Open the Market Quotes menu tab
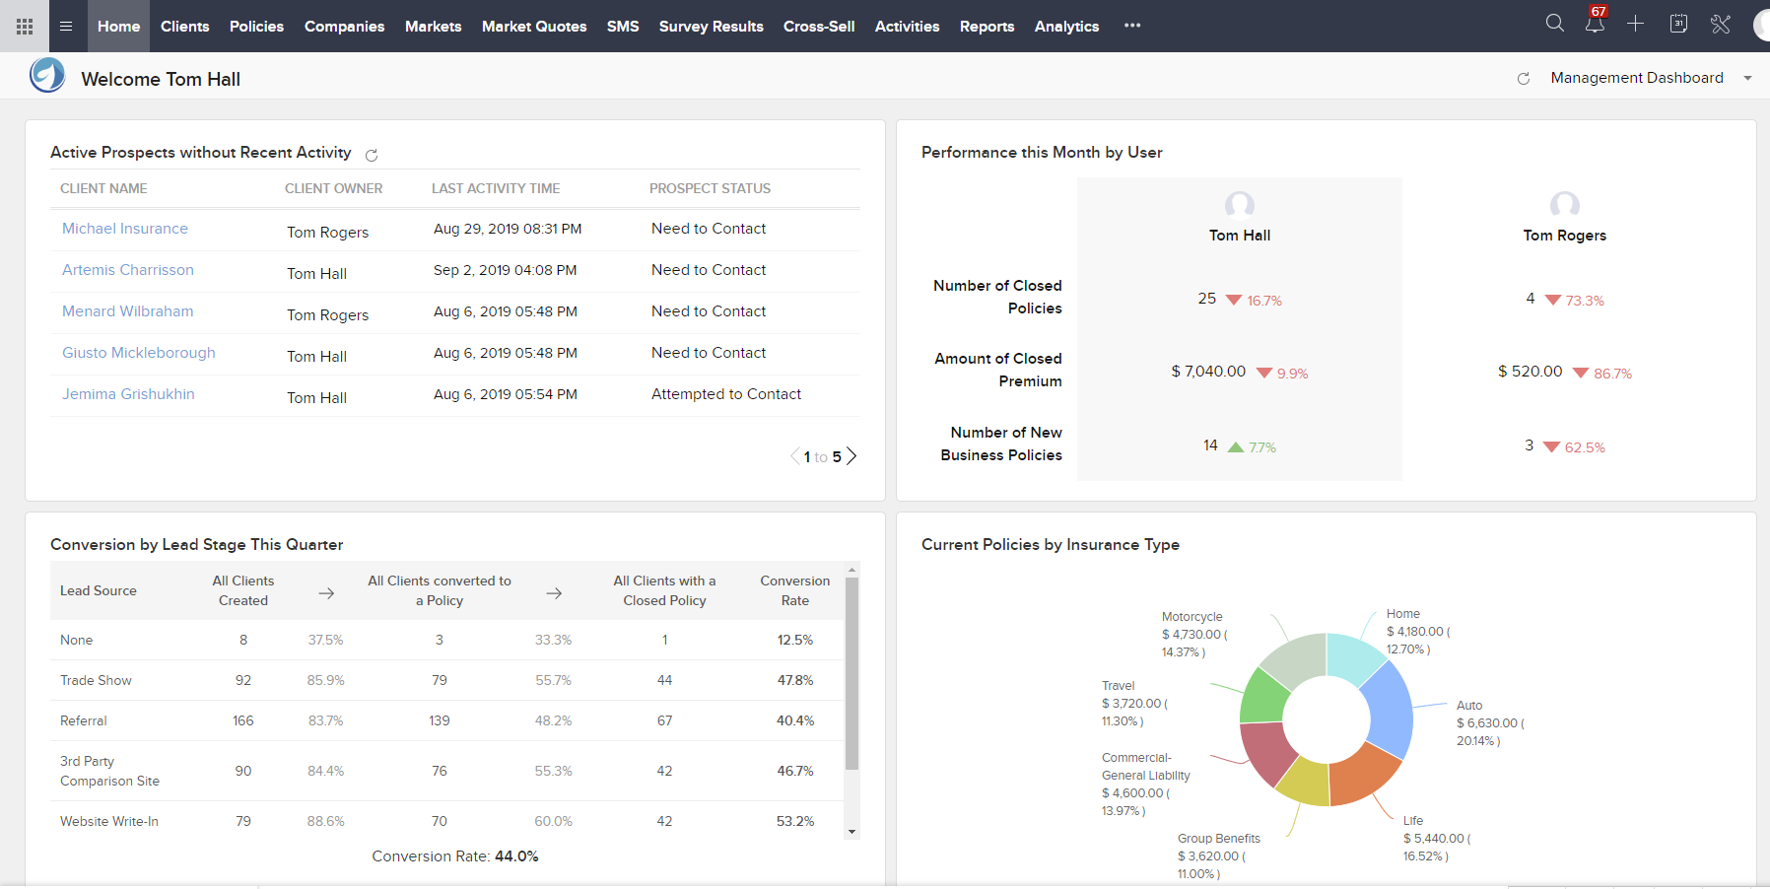[x=533, y=27]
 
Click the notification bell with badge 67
[x=1595, y=24]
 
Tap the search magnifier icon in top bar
[x=1554, y=24]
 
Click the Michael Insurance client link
[x=125, y=229]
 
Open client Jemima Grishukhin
[x=128, y=394]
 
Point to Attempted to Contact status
[x=725, y=394]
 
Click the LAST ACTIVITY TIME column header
[x=496, y=188]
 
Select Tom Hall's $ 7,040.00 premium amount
[x=1208, y=372]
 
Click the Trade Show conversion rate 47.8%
[x=794, y=680]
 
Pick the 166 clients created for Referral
[x=243, y=720]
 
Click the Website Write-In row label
[x=108, y=821]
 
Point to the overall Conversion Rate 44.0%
[x=455, y=856]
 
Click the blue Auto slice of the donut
[x=1391, y=710]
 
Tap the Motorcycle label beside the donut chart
[x=1191, y=617]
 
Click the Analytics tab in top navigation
[x=1066, y=27]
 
